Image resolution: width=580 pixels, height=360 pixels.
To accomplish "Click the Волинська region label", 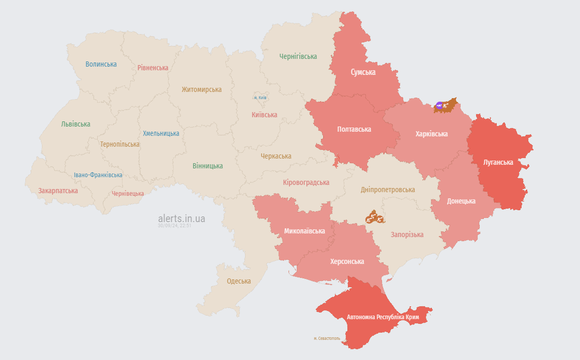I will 101,64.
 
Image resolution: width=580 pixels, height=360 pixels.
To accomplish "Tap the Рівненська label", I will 153,68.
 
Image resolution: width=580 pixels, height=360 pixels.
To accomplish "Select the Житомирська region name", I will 201,89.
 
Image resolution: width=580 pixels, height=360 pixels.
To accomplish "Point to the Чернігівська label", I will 298,56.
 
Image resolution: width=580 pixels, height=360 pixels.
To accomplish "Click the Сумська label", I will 363,72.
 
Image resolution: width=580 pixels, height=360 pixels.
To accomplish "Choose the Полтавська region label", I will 354,129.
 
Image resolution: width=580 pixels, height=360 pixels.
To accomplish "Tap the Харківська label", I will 431,134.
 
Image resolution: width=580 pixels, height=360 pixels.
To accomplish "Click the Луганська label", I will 498,162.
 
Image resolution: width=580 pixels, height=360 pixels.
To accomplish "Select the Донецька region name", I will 461,201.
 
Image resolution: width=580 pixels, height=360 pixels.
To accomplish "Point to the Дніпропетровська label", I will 387,190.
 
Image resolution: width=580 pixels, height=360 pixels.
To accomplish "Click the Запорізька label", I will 407,234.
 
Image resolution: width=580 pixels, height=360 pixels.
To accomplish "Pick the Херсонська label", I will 347,261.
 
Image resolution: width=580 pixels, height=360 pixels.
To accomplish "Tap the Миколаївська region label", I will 304,231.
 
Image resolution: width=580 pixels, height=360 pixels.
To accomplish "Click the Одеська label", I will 239,281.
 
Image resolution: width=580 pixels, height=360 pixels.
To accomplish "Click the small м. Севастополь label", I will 327,338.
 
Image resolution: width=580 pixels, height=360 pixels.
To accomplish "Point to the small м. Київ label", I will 260,98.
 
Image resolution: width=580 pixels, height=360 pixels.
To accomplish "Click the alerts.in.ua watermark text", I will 181,218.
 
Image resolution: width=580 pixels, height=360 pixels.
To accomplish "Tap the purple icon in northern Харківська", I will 439,106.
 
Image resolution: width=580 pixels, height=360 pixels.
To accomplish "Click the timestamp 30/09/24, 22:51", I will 175,226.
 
